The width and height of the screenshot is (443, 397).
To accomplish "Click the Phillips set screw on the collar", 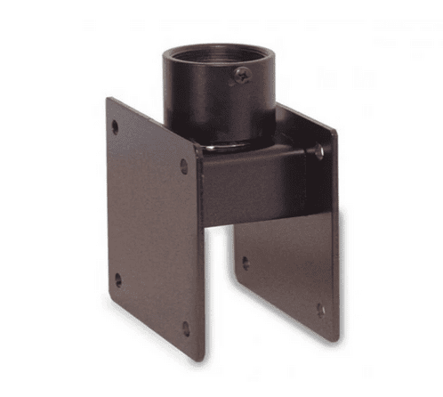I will (241, 77).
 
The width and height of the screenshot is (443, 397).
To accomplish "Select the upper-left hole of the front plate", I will (114, 126).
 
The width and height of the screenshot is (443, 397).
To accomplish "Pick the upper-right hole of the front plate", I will (184, 166).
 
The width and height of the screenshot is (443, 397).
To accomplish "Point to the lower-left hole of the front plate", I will (117, 280).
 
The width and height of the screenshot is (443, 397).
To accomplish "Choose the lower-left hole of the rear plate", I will (246, 263).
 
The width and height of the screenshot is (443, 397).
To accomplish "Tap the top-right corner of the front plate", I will (196, 148).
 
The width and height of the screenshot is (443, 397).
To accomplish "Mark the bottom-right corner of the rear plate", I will (337, 340).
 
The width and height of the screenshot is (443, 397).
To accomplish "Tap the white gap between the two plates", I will (216, 285).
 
